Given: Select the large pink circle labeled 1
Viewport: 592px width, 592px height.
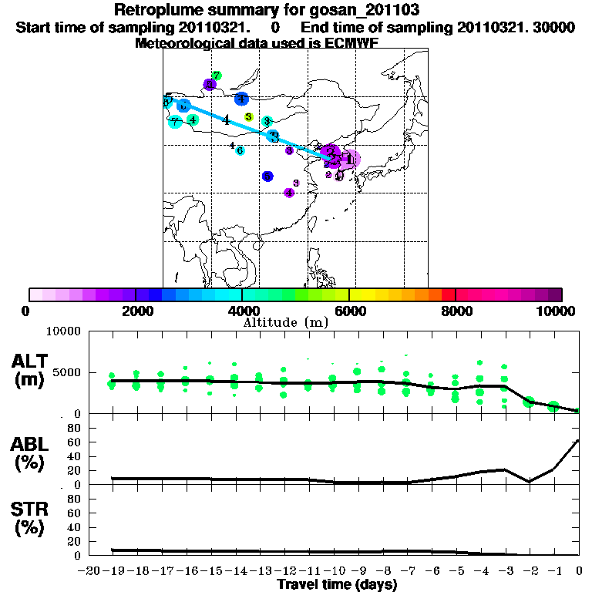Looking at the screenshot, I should click(x=350, y=160).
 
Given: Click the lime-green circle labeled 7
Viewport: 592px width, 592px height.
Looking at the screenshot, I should click(x=217, y=76).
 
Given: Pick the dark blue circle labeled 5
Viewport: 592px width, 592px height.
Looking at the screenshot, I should click(x=267, y=177).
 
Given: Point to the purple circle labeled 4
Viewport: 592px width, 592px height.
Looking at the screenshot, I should click(x=289, y=193).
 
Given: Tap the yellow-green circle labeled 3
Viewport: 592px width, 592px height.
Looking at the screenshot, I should click(x=248, y=117).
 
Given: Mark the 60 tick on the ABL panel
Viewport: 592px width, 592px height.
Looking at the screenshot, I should click(x=75, y=442).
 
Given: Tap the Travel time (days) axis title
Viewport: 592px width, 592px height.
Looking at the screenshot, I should click(x=337, y=584).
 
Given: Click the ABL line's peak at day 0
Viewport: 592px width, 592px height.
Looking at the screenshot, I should click(x=579, y=441).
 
